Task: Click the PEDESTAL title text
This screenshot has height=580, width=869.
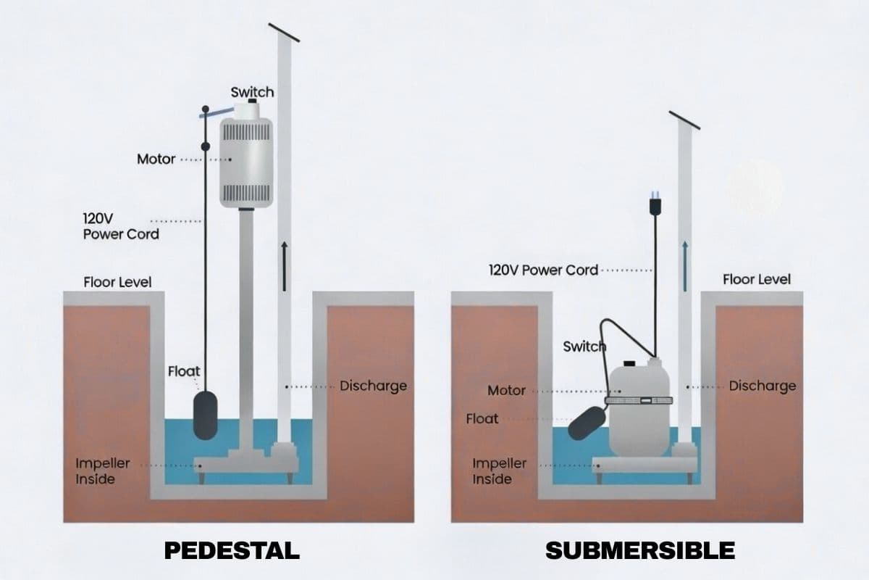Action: coord(232,550)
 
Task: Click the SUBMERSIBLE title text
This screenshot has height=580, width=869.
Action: coord(640,550)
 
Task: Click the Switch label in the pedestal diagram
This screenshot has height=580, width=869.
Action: coord(252,92)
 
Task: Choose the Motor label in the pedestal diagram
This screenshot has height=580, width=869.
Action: coord(156,159)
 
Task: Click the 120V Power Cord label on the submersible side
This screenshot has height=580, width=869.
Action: coord(543,270)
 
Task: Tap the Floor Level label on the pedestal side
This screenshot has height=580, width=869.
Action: coord(117,282)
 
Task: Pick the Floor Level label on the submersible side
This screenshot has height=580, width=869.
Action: coord(757,279)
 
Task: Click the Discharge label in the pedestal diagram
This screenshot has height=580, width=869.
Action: coord(373,386)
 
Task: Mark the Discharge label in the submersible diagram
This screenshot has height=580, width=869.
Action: coord(762,386)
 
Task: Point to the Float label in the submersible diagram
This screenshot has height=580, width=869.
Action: coord(482,418)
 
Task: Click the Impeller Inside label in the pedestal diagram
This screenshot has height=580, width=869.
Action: coord(103,471)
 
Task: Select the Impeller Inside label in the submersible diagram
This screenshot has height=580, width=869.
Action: coord(499,471)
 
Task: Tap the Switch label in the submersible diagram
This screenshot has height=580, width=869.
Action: coord(584,347)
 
